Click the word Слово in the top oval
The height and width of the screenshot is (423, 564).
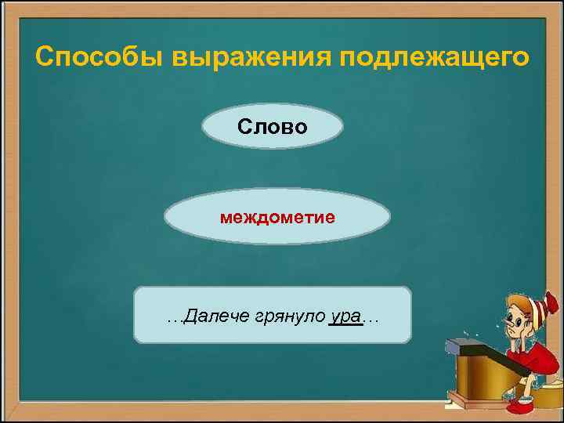[x=273, y=127]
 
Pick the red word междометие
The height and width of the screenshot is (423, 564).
[x=277, y=216]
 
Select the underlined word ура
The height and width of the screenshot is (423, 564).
[x=345, y=316]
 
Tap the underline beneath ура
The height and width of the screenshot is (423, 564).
[x=345, y=326]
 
